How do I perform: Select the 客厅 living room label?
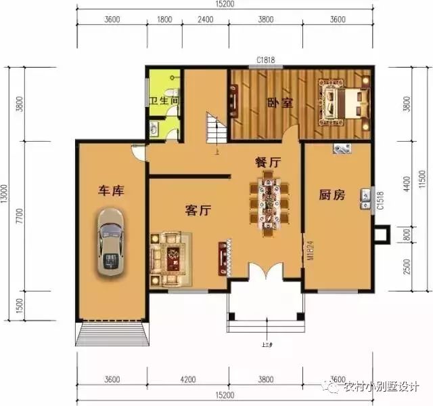[198, 211]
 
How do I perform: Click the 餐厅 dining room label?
[268, 163]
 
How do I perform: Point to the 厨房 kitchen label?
[332, 195]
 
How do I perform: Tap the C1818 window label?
[265, 60]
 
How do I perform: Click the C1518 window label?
[380, 200]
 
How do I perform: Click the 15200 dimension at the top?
[225, 5]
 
